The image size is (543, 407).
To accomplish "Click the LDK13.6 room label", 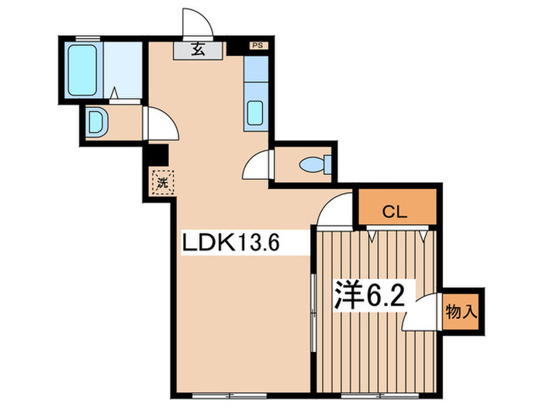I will tap(230, 243).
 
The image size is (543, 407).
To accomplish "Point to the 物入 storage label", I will tap(460, 312).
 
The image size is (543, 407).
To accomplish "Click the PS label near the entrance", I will tap(256, 47).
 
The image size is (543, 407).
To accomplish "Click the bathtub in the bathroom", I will tap(81, 70).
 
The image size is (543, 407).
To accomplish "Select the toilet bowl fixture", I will tap(316, 165).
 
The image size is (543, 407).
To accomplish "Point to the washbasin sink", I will tap(95, 122).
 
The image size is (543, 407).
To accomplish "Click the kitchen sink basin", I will tap(255, 113).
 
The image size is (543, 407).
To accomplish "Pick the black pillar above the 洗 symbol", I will tap(160, 156).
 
